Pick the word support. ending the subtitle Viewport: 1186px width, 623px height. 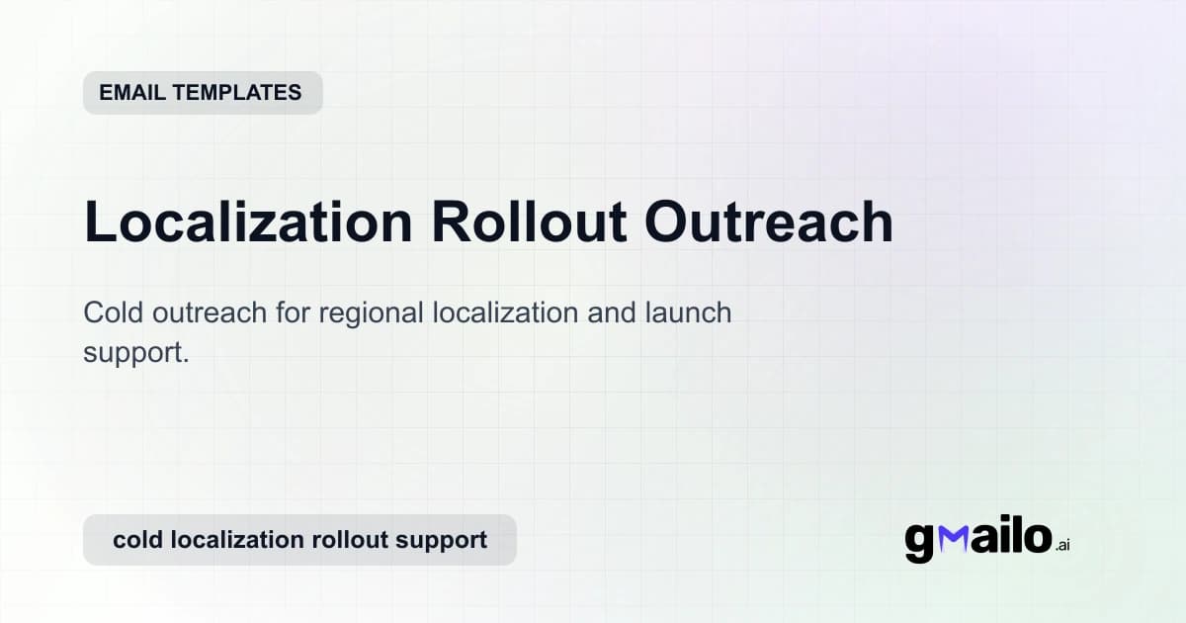coord(135,353)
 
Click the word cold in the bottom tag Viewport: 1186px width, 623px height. coord(137,540)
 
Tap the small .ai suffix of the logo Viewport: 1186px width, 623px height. coord(1062,545)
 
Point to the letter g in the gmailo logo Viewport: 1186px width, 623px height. coord(920,541)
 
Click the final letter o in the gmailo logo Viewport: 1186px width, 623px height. coord(1036,537)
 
